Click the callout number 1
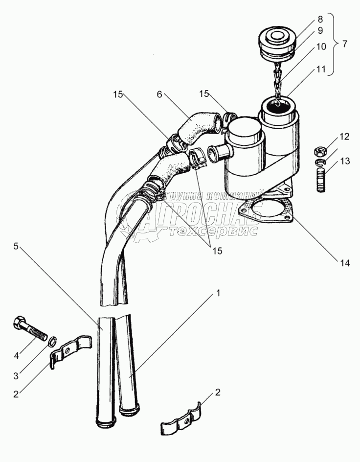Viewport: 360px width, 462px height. [218, 294]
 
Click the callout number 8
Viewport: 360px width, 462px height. [320, 20]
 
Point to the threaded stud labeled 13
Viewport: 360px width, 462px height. [322, 180]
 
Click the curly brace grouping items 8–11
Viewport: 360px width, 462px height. [334, 44]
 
